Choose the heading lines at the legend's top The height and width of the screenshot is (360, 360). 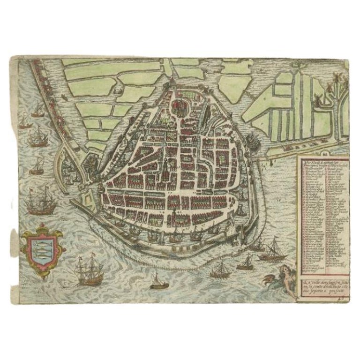tap(322, 160)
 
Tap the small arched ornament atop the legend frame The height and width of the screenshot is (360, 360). tap(322, 153)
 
